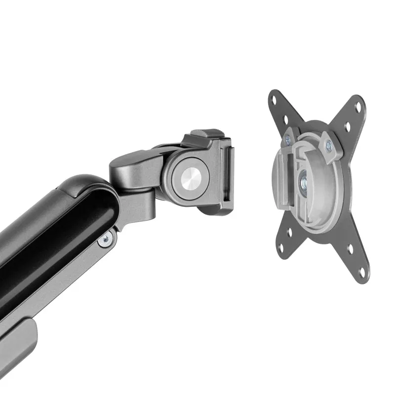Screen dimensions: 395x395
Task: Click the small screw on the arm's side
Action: click(105, 240)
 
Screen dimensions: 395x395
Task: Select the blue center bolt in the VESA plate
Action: click(303, 183)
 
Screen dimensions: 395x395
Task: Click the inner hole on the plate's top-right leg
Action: click(347, 126)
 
